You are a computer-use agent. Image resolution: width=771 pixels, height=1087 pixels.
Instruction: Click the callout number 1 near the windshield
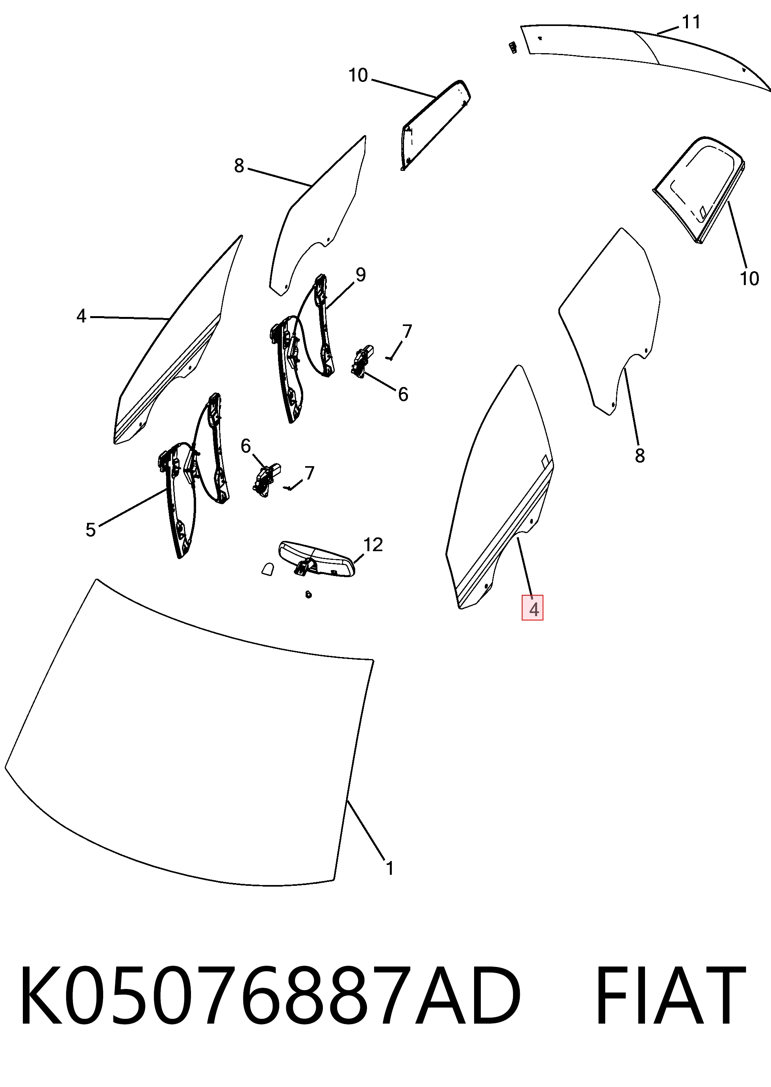pyautogui.click(x=389, y=868)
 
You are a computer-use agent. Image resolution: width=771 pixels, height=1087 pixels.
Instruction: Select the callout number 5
pyautogui.click(x=91, y=530)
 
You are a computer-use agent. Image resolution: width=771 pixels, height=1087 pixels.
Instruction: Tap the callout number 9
pyautogui.click(x=361, y=275)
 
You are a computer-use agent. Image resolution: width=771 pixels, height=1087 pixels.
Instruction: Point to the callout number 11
pyautogui.click(x=691, y=22)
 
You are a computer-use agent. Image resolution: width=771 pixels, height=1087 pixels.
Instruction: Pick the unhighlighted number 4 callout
pyautogui.click(x=82, y=316)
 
